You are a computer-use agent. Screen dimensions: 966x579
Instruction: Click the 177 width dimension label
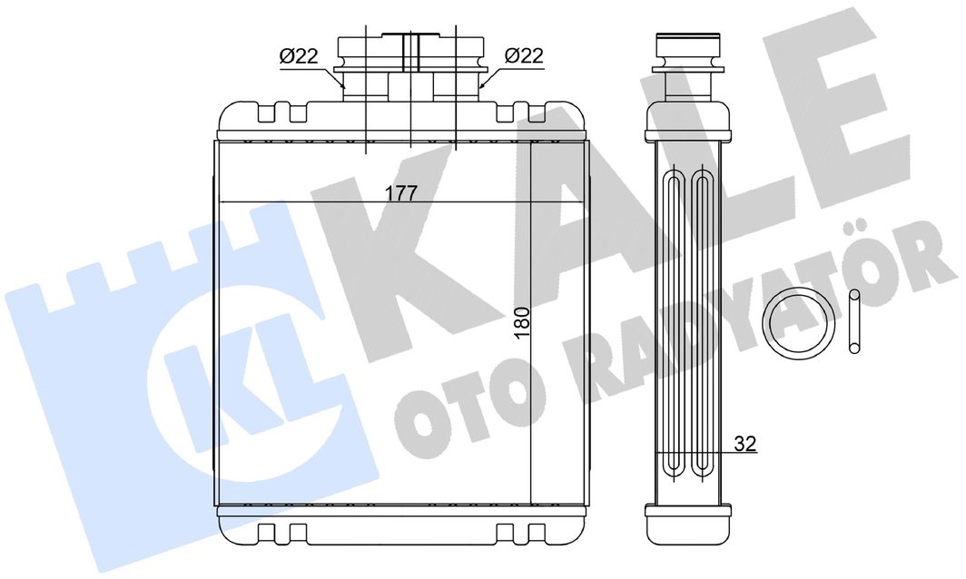click(x=401, y=192)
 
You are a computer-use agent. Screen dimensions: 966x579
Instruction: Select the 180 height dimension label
click(x=522, y=322)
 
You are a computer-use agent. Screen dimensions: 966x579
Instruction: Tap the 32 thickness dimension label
click(x=745, y=444)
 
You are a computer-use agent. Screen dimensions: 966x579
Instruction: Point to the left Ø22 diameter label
click(x=299, y=56)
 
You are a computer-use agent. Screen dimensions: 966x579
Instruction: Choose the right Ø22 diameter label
click(x=524, y=56)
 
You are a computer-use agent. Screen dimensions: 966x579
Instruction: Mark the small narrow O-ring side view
click(x=853, y=321)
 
